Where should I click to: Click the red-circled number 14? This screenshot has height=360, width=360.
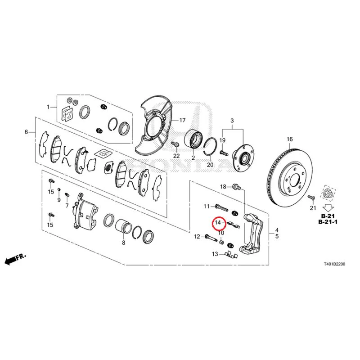[x=218, y=222]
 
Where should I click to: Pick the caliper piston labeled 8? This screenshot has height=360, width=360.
[x=123, y=226]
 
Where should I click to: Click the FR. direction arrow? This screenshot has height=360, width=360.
[x=16, y=259]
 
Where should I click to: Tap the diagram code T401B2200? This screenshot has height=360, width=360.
[x=334, y=264]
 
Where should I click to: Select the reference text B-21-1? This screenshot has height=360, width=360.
[x=328, y=222]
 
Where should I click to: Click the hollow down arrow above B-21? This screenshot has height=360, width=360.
[x=328, y=208]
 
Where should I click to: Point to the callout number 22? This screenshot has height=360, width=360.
[x=176, y=156]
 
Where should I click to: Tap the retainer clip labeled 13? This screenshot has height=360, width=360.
[x=230, y=255]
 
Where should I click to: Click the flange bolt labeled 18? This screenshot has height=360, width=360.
[x=237, y=186]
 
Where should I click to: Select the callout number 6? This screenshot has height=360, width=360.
[x=26, y=132]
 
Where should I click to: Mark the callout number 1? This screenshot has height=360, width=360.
[x=48, y=107]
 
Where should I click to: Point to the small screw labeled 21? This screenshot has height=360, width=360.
[x=311, y=197]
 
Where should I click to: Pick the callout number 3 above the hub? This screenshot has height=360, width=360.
[x=232, y=121]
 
